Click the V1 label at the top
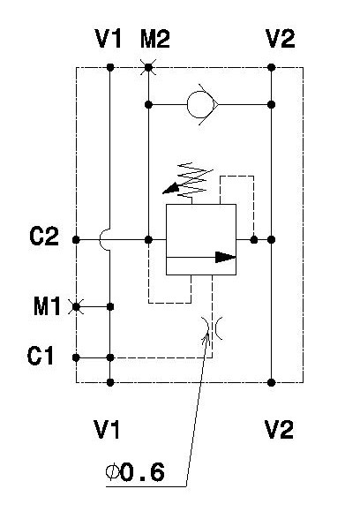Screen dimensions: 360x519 tap(109, 39)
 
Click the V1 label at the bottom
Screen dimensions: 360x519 tap(107, 429)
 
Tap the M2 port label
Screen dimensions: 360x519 tap(155, 39)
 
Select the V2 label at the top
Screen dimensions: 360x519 tap(280, 39)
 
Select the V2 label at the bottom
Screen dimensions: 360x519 tap(279, 429)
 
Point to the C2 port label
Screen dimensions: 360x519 tap(44, 236)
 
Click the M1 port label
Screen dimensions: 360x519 tap(47, 305)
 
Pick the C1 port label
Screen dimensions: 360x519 tap(40, 356)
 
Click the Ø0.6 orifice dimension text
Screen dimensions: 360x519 tap(135, 472)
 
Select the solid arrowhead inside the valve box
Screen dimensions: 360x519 tap(225, 257)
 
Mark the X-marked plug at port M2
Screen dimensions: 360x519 tap(148, 67)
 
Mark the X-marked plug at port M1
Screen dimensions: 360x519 tap(76, 307)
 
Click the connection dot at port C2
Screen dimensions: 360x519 tap(76, 240)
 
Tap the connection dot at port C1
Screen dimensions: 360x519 tap(76, 357)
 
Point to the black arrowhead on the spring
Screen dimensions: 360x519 tap(170, 189)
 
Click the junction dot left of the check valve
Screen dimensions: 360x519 tap(148, 104)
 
